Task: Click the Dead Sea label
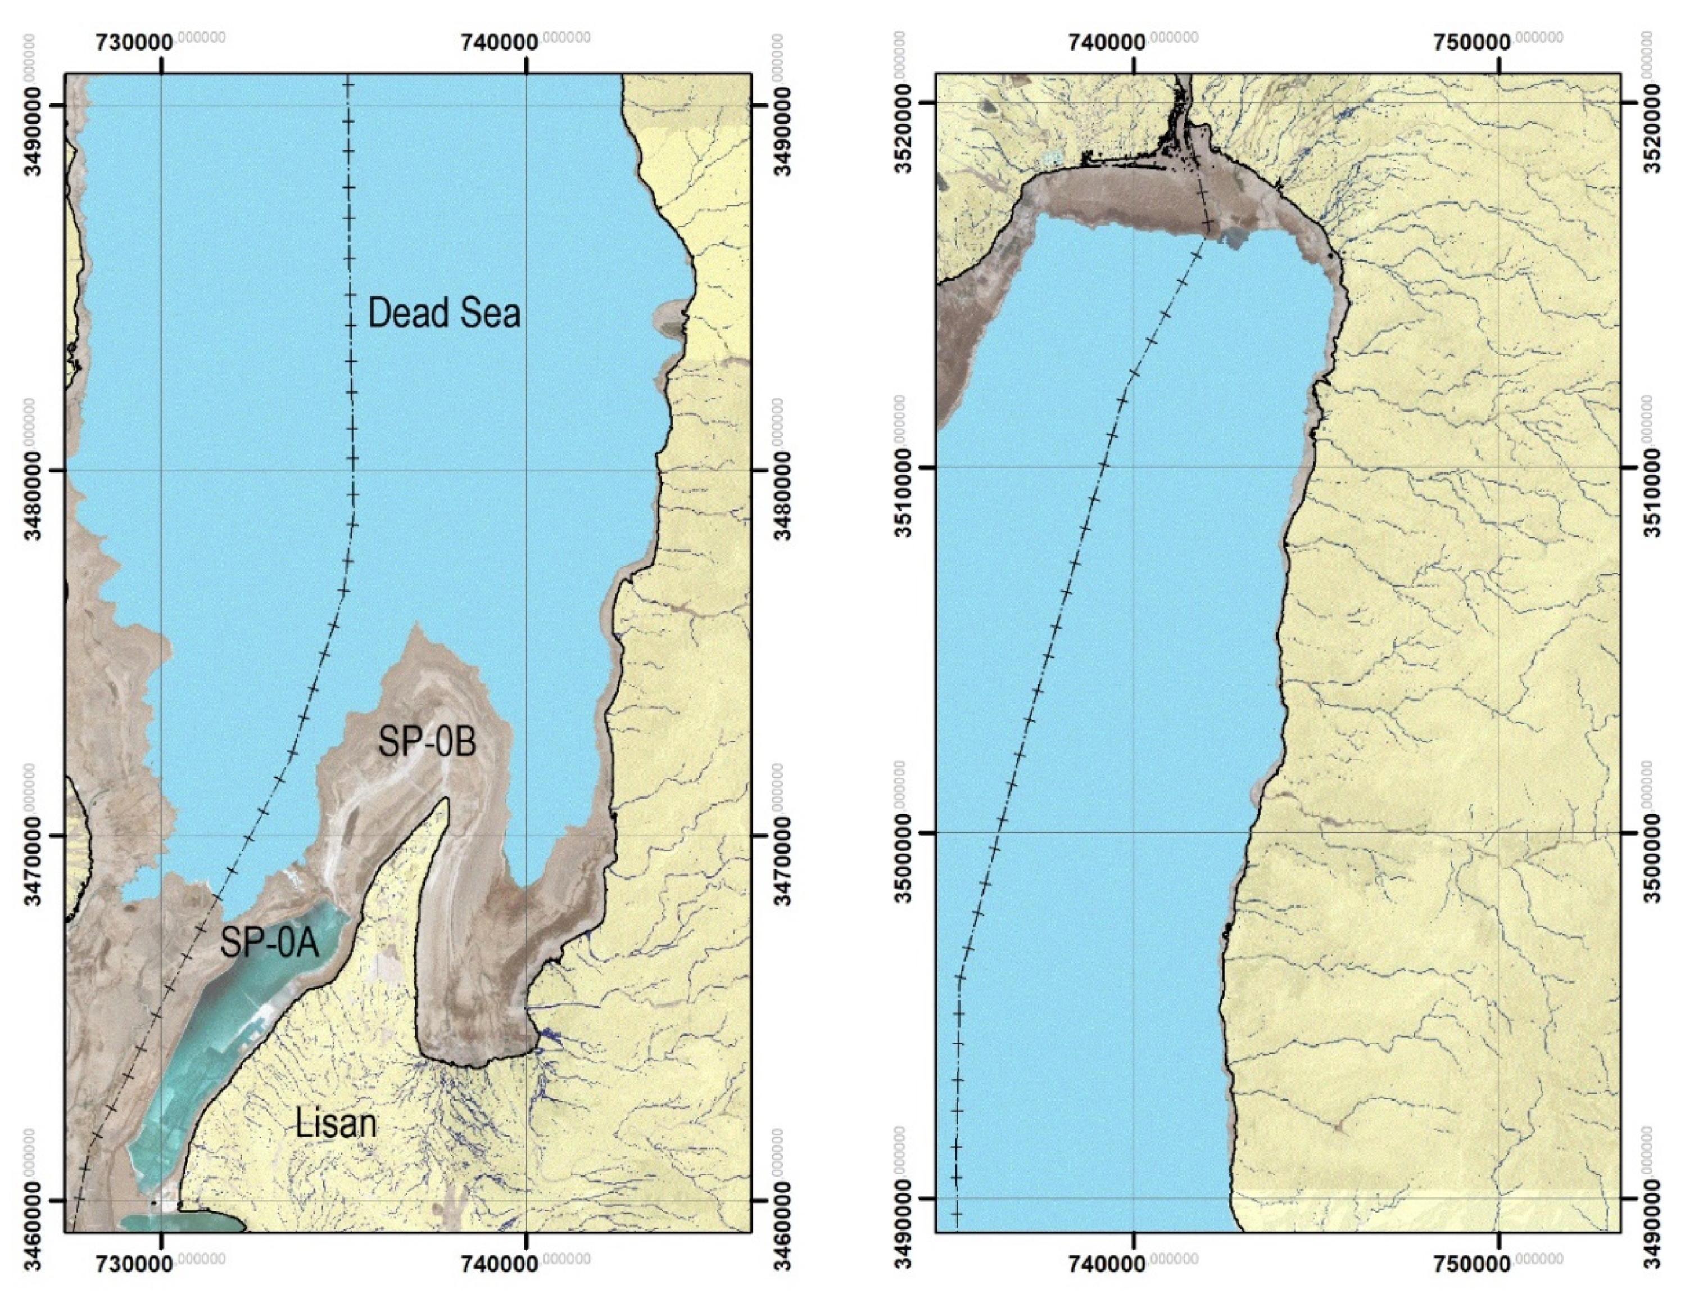(443, 313)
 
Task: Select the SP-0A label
(269, 943)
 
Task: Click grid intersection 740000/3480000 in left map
(526, 470)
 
